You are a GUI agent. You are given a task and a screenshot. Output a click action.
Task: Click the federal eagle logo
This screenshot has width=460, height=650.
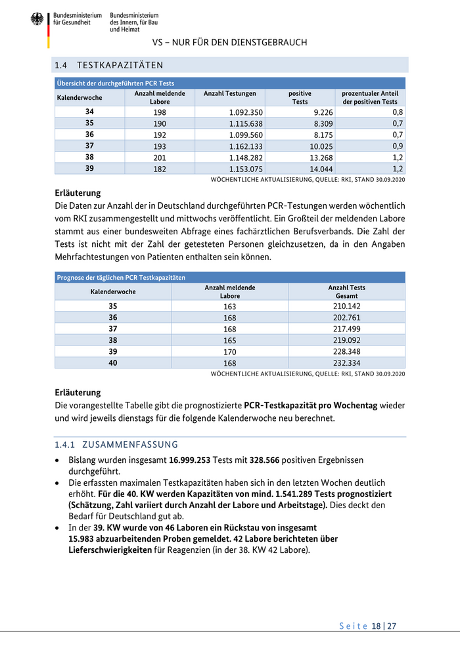click(x=37, y=19)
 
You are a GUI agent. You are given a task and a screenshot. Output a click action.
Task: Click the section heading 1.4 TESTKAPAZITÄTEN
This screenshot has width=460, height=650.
click(x=109, y=65)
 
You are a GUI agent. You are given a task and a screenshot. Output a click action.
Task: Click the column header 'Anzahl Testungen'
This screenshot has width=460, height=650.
click(x=229, y=94)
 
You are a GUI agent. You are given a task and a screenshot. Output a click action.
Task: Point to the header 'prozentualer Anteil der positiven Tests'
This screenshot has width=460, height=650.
click(x=370, y=98)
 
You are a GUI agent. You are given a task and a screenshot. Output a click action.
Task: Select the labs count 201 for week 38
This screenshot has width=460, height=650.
click(x=159, y=157)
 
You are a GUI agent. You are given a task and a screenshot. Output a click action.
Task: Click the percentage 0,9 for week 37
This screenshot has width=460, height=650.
click(x=398, y=146)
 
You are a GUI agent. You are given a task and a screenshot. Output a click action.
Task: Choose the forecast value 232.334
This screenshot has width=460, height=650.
click(x=346, y=363)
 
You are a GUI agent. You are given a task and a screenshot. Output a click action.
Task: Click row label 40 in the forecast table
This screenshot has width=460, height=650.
click(x=113, y=363)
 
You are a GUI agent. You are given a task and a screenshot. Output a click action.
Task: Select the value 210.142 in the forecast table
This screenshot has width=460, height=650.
click(x=346, y=306)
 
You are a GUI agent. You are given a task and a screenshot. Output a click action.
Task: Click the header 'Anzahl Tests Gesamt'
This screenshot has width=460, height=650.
click(x=346, y=292)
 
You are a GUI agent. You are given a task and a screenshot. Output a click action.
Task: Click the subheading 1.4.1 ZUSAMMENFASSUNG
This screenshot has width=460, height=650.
click(x=116, y=444)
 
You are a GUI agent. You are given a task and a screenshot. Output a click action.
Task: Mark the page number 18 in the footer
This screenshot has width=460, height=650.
click(x=376, y=626)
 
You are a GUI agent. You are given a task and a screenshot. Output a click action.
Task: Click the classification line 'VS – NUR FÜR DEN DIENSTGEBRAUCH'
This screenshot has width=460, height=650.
click(x=229, y=43)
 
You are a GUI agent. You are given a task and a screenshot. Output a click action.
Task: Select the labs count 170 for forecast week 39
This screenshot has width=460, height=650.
click(x=230, y=351)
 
